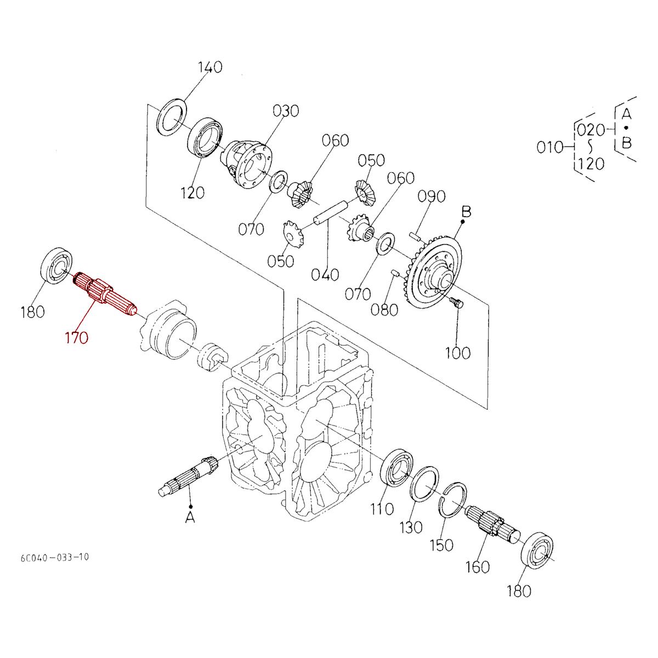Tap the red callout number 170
[75, 338]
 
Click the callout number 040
[325, 274]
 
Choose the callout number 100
[457, 353]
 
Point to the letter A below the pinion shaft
[190, 517]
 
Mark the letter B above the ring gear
[466, 211]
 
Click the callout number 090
[432, 196]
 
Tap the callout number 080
[384, 310]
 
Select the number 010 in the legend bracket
[550, 147]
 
